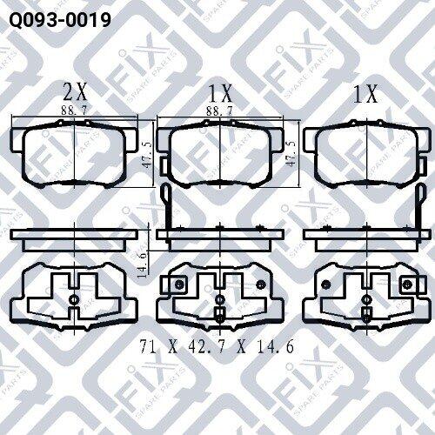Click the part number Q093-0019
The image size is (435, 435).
60,20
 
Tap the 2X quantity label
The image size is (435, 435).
75,93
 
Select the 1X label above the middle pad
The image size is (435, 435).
220,93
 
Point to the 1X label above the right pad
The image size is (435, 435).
366,93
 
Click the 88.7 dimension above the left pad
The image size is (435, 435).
74,110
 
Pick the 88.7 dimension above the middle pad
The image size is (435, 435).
219,110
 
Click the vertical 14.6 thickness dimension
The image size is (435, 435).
142,264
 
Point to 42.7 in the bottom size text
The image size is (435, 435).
206,346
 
